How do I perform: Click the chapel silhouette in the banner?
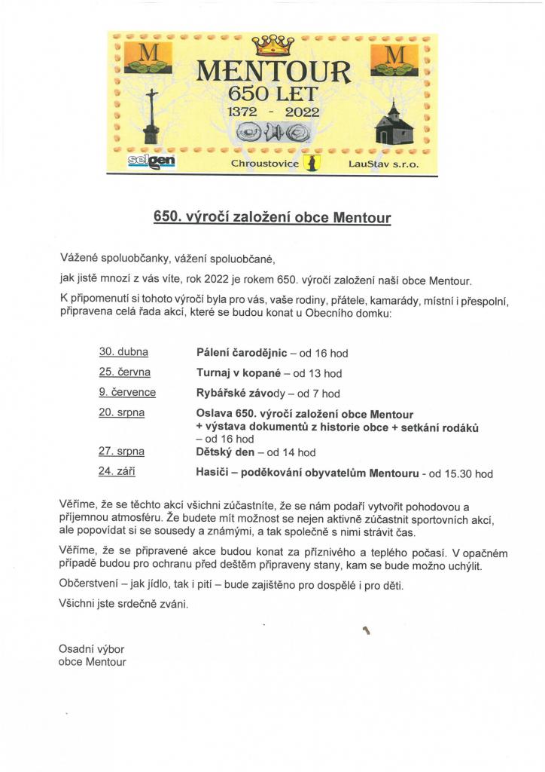[x=394, y=125]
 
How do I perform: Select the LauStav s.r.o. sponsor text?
[x=383, y=164]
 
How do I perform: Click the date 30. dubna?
[x=123, y=351]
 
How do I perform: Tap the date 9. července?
[x=127, y=392]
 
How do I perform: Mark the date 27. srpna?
[x=122, y=452]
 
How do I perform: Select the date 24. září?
[x=117, y=472]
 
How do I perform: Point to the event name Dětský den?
[x=224, y=452]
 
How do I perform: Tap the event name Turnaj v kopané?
[x=239, y=372]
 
